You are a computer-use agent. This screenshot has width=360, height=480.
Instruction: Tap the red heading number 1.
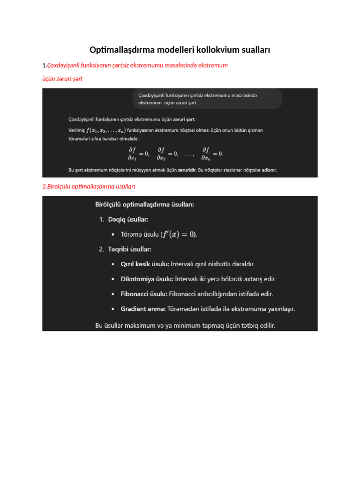click(44, 65)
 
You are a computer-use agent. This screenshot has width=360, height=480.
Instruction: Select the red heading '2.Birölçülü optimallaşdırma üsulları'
click(89, 187)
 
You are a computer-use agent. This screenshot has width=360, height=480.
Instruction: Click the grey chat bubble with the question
click(207, 98)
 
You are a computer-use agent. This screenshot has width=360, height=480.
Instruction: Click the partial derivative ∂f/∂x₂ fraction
click(161, 153)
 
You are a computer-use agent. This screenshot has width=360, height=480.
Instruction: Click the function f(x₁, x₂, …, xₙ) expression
click(105, 130)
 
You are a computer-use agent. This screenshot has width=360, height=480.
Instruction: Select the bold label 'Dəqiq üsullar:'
click(128, 219)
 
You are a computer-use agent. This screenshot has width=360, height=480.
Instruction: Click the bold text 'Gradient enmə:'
click(143, 309)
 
